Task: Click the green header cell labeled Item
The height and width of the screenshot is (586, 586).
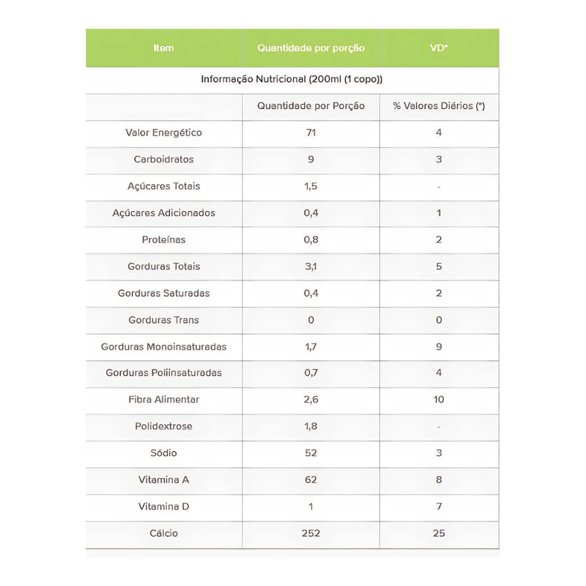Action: [164, 48]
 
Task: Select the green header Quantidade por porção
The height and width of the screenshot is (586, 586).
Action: [311, 48]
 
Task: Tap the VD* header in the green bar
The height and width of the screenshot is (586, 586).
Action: [439, 48]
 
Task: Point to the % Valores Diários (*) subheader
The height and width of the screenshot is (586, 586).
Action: [439, 106]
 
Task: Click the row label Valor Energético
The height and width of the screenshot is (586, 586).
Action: [164, 133]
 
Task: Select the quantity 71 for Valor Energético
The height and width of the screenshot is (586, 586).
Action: [311, 133]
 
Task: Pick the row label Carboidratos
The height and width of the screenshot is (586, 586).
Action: [164, 160]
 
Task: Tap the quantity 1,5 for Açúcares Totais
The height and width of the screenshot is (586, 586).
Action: [311, 186]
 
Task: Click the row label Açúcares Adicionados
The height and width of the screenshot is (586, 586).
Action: [164, 213]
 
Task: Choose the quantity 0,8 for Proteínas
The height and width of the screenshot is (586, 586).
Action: [311, 240]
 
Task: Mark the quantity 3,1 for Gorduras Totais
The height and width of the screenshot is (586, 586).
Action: [311, 267]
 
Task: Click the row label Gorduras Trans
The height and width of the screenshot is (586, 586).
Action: [164, 320]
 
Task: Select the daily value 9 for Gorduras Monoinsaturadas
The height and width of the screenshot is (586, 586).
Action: [439, 346]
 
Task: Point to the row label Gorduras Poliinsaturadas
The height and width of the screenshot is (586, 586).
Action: [164, 373]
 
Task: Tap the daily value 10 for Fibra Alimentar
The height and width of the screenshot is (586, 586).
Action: [439, 400]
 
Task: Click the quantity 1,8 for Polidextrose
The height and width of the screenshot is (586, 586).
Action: [311, 426]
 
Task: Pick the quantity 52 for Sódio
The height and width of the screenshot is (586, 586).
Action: [311, 453]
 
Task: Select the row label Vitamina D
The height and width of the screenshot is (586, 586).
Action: [164, 507]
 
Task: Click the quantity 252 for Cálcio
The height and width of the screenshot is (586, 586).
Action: [311, 533]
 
